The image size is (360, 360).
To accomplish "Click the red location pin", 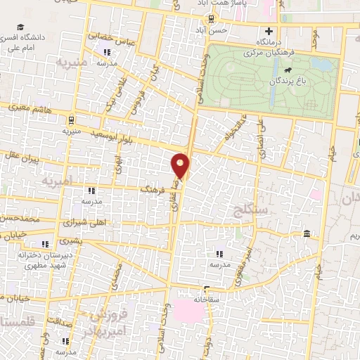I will (181, 166).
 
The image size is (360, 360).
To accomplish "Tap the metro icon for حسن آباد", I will (212, 18).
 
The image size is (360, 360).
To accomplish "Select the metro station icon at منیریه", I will (72, 120).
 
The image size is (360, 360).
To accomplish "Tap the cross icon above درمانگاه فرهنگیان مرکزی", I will (268, 31).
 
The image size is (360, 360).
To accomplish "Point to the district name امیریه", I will (57, 181).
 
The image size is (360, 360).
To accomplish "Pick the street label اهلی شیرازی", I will (84, 222).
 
